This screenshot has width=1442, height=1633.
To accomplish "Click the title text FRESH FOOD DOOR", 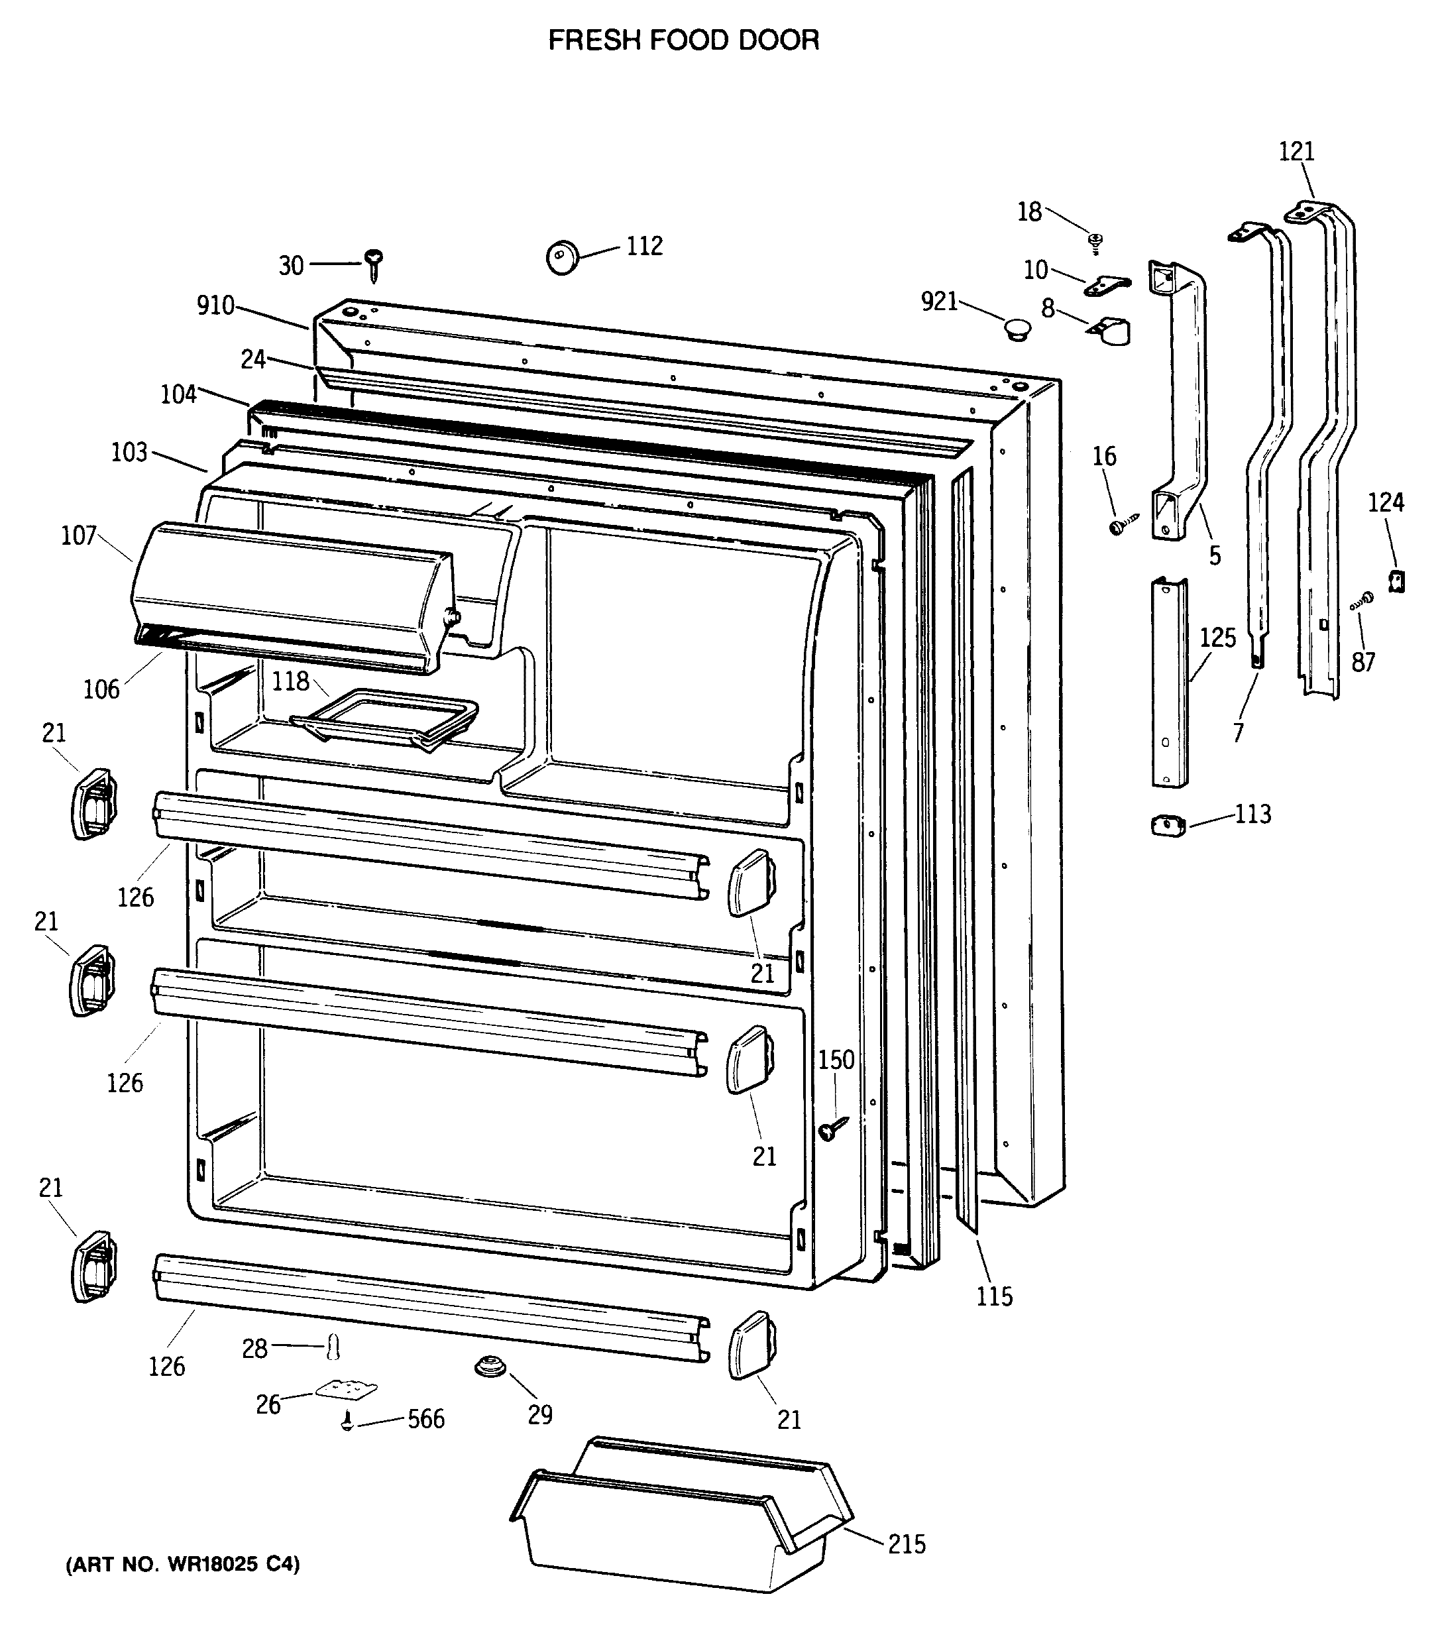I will pyautogui.click(x=683, y=40).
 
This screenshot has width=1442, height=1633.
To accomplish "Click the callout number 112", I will pyautogui.click(x=644, y=245).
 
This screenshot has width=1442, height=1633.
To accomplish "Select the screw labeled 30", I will pyautogui.click(x=373, y=261).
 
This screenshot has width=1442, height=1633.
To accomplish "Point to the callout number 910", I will pyautogui.click(x=215, y=305).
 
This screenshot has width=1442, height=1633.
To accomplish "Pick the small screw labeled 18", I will pyautogui.click(x=1096, y=241).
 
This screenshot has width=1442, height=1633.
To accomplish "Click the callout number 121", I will pyautogui.click(x=1296, y=151).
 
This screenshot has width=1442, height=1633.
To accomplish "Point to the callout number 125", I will pyautogui.click(x=1217, y=638).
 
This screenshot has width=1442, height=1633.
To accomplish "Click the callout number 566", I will pyautogui.click(x=426, y=1419).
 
